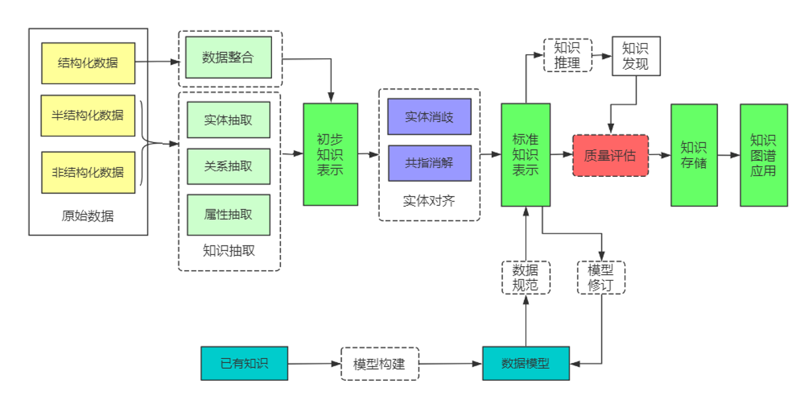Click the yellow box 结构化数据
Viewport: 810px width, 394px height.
point(88,63)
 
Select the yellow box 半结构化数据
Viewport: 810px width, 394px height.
point(88,115)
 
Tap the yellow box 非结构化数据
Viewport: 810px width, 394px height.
point(88,172)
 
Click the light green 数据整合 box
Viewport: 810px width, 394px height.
point(228,58)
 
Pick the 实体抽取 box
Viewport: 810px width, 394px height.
point(228,120)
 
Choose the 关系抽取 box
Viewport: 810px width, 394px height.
point(228,166)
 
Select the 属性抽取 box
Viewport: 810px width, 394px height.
point(228,215)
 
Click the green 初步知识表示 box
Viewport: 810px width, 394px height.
point(330,154)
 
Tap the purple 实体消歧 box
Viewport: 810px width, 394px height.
point(429,117)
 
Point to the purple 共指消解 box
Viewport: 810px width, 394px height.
point(429,163)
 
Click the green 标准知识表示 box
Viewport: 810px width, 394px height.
point(525,155)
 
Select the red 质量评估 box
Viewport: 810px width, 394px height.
point(610,156)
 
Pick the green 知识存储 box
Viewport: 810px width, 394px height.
point(694,155)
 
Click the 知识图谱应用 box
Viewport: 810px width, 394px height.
point(763,155)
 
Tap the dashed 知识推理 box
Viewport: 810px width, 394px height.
point(568,55)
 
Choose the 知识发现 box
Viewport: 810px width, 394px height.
point(635,56)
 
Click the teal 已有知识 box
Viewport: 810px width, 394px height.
point(244,364)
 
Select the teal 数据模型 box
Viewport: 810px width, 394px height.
point(525,364)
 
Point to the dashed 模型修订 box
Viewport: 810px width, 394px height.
point(601,277)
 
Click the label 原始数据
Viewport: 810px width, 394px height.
point(87,216)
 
